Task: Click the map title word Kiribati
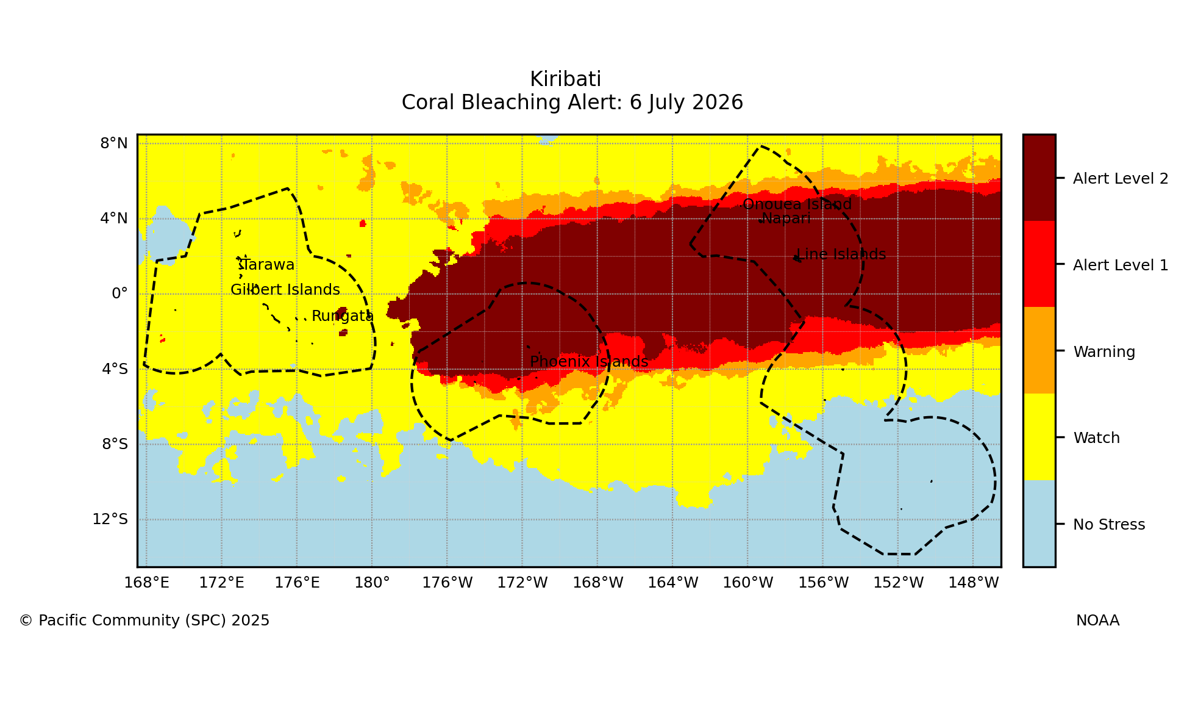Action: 565,79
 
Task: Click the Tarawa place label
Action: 266,265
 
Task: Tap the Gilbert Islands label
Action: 285,290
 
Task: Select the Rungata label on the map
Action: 342,316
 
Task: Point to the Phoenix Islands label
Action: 589,362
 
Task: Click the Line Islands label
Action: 841,254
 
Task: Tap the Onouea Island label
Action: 797,204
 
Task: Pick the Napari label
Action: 786,218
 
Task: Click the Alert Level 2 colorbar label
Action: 1121,179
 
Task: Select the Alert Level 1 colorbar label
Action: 1121,265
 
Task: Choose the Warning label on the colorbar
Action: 1104,352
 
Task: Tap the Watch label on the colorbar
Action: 1096,438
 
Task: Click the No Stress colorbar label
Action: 1109,525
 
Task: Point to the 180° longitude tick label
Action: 372,583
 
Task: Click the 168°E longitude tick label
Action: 146,583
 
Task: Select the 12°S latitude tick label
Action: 110,519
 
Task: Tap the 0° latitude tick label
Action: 119,293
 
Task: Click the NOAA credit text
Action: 1097,621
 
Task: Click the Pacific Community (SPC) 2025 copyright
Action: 144,621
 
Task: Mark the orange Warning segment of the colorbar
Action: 1039,350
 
